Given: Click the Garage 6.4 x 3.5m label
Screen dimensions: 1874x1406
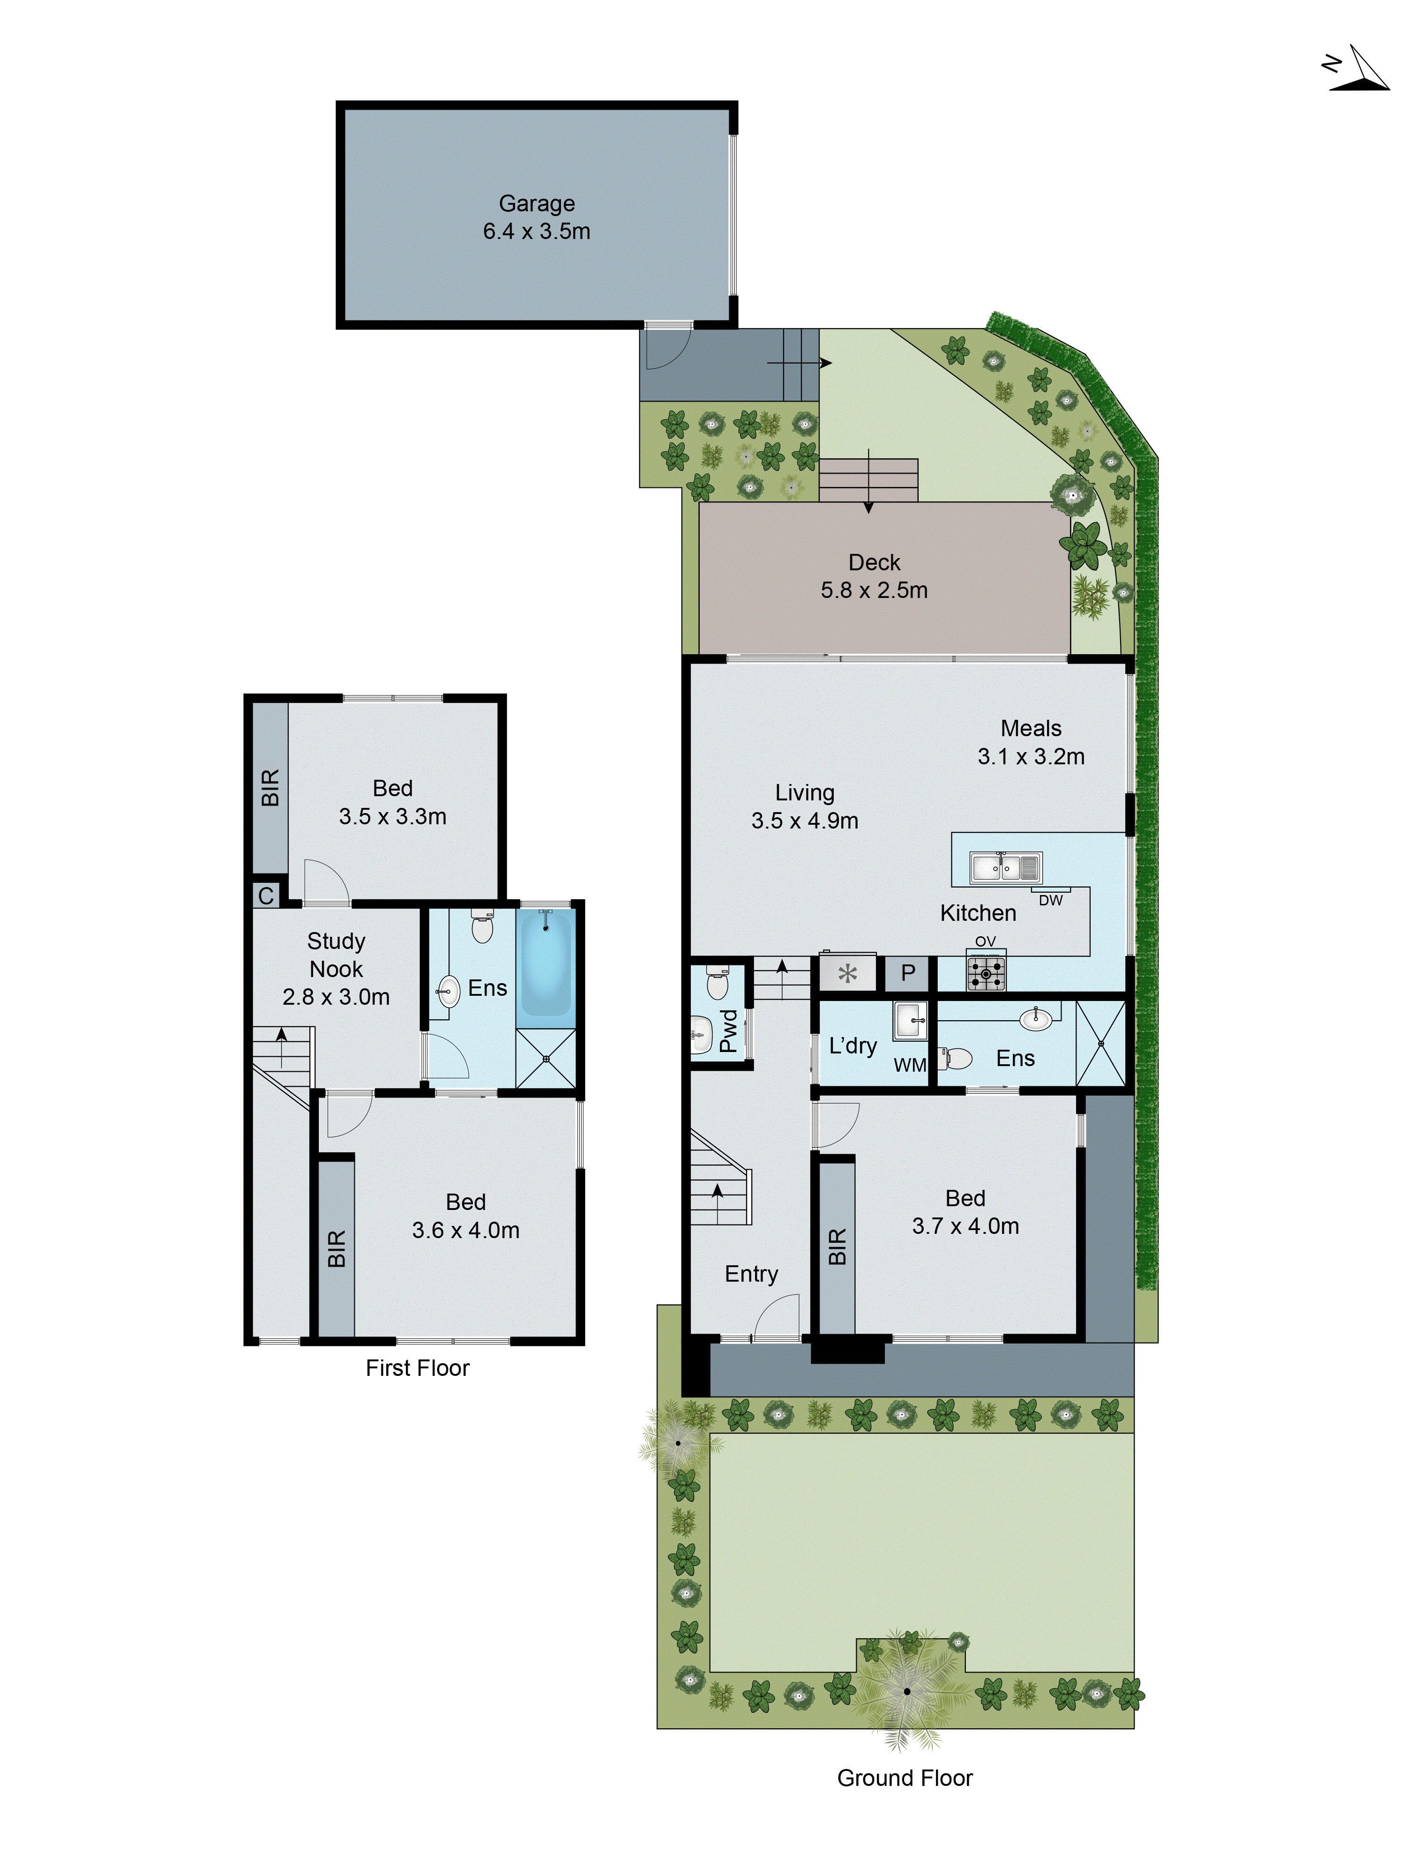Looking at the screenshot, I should coord(537,217).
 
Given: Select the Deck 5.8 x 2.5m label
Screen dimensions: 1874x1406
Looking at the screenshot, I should coord(874,576).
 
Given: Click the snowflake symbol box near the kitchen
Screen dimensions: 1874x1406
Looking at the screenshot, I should coord(847,973).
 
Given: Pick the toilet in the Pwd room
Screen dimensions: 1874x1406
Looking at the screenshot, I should coord(717,985).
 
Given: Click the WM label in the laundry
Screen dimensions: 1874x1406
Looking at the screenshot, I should coord(909,1065).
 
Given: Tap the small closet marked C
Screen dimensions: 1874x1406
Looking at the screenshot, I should coord(266,896).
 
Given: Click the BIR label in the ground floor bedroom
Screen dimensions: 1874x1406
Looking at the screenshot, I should coord(837,1246).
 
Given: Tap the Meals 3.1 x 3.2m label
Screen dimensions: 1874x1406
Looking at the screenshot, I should coord(1031,742).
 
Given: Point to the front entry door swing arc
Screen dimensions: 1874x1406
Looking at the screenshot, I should coord(776,1317).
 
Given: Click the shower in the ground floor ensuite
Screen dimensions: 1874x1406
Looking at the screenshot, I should coord(1100,1043).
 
